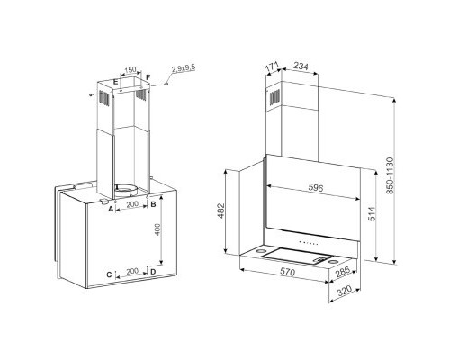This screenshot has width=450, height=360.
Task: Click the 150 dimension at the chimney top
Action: pyautogui.click(x=130, y=70)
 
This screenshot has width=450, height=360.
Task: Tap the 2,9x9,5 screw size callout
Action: pyautogui.click(x=184, y=68)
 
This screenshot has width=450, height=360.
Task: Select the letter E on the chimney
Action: pyautogui.click(x=115, y=82)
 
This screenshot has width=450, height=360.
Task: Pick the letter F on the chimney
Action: pyautogui.click(x=148, y=77)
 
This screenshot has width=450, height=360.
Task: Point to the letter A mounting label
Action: pyautogui.click(x=111, y=209)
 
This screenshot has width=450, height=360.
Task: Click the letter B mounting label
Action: pyautogui.click(x=153, y=204)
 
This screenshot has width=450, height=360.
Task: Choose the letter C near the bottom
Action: pyautogui.click(x=109, y=274)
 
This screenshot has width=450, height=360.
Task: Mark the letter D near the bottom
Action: pyautogui.click(x=153, y=272)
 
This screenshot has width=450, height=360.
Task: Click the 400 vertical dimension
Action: pyautogui.click(x=157, y=229)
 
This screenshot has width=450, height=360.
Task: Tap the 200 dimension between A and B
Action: pyautogui.click(x=132, y=204)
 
